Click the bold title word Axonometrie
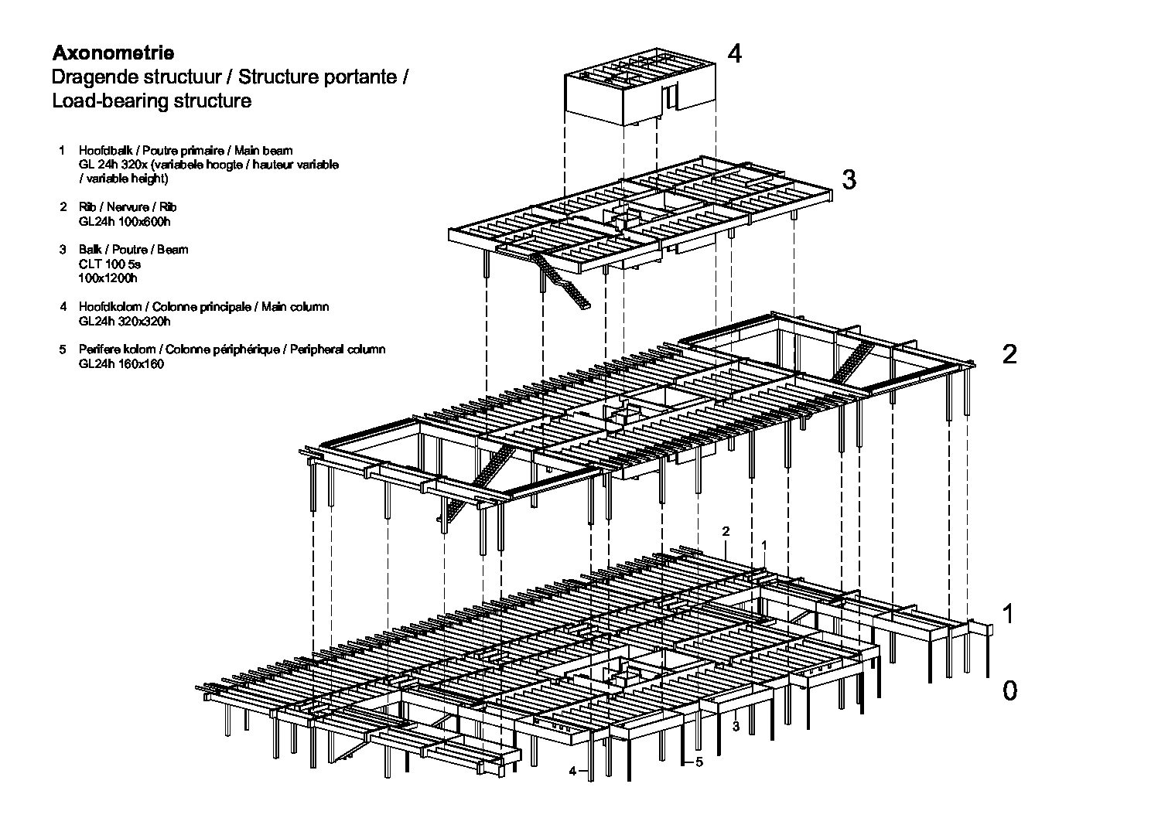[x=113, y=53]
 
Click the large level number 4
[x=735, y=53]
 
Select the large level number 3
[x=849, y=179]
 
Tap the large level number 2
[x=1009, y=354]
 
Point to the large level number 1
[x=1008, y=614]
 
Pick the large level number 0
[x=1009, y=691]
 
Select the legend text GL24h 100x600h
[x=125, y=222]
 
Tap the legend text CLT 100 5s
[x=110, y=264]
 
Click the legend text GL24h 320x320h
[x=125, y=322]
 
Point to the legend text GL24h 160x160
[x=121, y=364]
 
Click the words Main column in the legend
[x=295, y=307]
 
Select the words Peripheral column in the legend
[x=337, y=349]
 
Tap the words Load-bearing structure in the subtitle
[x=152, y=101]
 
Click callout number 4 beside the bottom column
[x=572, y=771]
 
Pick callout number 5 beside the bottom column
[x=699, y=762]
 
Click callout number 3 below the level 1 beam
[x=736, y=727]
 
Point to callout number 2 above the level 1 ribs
[x=726, y=531]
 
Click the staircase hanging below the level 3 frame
[x=562, y=279]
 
